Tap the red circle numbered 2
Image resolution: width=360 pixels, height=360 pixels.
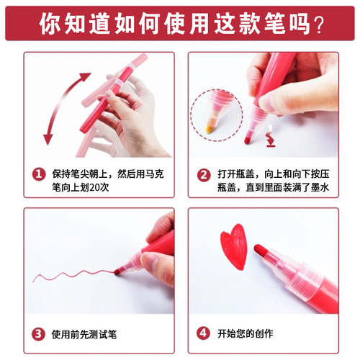(x=204, y=174)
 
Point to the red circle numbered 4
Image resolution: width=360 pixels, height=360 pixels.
(x=204, y=333)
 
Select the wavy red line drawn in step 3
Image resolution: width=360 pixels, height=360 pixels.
(x=72, y=274)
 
